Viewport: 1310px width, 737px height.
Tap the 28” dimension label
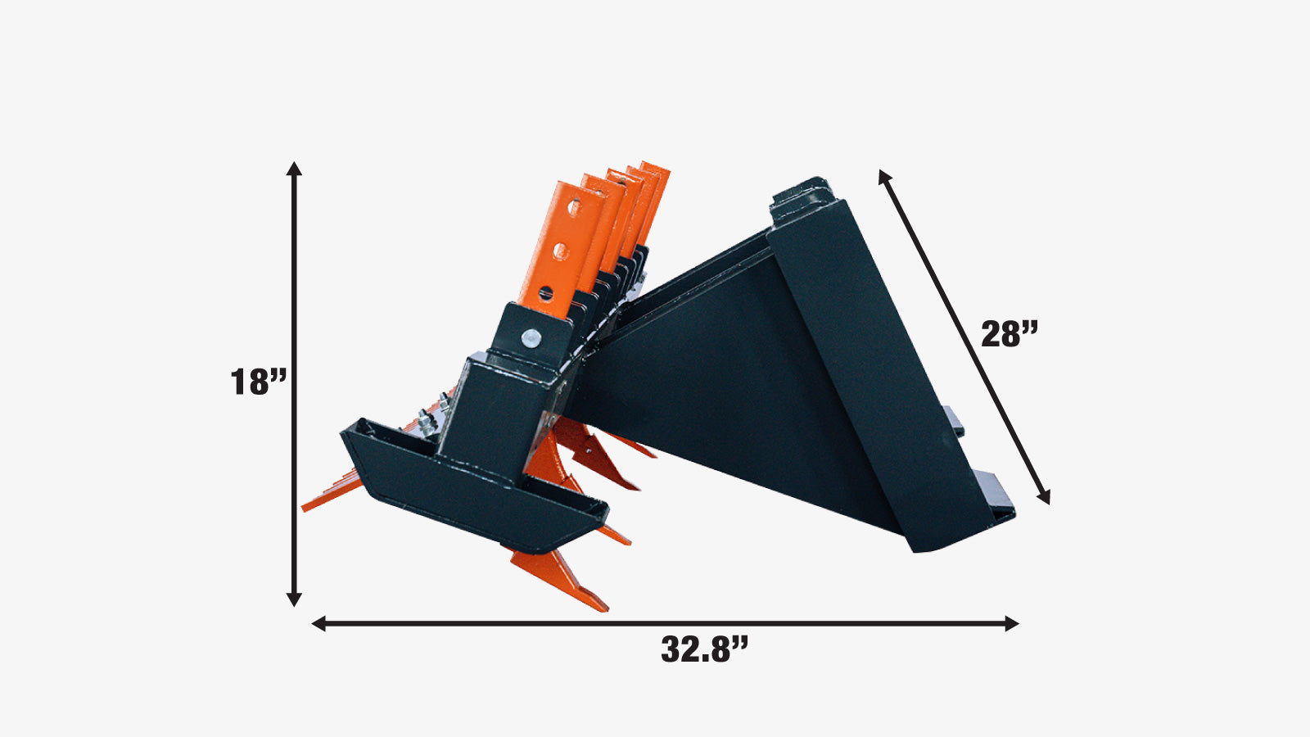coord(1010,334)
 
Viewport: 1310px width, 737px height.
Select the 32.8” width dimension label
coord(704,649)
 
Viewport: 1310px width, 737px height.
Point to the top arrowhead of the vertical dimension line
coord(294,169)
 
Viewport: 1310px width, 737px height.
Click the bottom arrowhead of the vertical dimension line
coord(294,599)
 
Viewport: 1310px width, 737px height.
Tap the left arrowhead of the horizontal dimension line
coord(318,623)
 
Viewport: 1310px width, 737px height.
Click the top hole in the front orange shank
coord(574,207)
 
